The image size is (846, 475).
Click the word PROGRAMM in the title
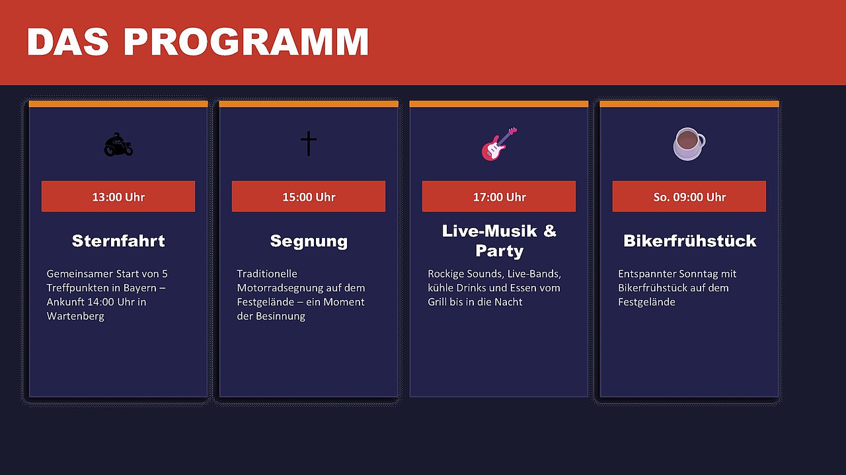coord(246,42)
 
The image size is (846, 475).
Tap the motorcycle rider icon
coord(118,144)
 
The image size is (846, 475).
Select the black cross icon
coord(309,143)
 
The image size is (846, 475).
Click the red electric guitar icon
coord(499,144)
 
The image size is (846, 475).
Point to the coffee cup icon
coord(689,144)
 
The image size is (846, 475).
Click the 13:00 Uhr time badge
coord(118,196)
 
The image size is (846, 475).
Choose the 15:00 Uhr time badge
coord(309,196)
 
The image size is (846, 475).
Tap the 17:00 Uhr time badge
coord(499,196)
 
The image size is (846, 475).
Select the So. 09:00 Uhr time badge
coord(689,196)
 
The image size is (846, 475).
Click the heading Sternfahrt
coord(118,241)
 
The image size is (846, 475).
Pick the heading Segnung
coord(309,242)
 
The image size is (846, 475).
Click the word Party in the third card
coord(499,252)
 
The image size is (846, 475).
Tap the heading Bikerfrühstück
coord(689,241)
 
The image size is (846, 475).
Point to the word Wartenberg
coord(75,316)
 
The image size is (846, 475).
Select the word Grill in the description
coord(437,302)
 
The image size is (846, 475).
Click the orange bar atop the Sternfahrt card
coord(118,104)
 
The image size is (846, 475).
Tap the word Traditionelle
coord(267,274)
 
